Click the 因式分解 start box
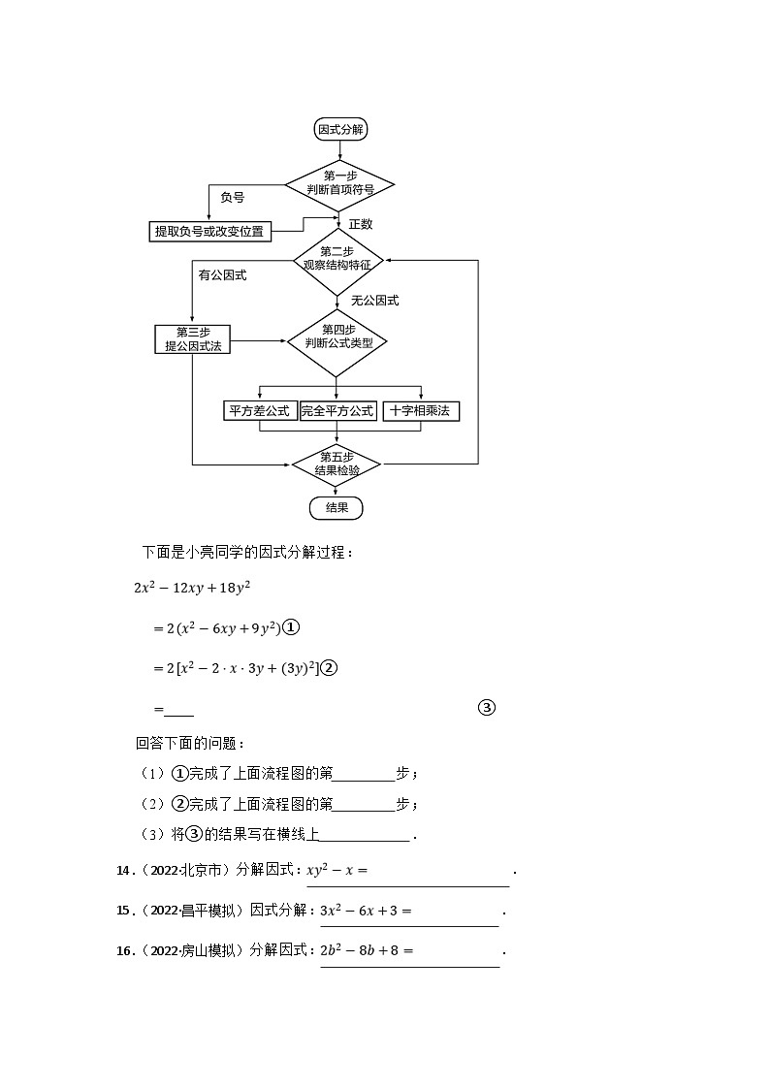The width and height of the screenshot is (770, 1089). point(341,129)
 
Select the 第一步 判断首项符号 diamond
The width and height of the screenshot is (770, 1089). point(339,183)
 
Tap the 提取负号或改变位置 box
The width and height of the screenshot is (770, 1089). point(209,231)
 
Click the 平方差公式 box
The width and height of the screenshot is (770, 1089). point(259,411)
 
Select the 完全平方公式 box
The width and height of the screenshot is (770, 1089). point(337,411)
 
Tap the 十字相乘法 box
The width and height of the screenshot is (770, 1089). point(420,411)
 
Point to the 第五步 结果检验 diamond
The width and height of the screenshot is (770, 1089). point(337,464)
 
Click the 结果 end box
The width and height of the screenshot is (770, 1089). point(337,508)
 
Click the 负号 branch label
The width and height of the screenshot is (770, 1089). point(232,198)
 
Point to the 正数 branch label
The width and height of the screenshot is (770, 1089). point(361,224)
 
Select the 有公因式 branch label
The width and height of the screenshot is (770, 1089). point(222,275)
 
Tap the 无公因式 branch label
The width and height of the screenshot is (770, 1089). point(375,301)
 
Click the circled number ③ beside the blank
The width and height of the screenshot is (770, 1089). point(487,708)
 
